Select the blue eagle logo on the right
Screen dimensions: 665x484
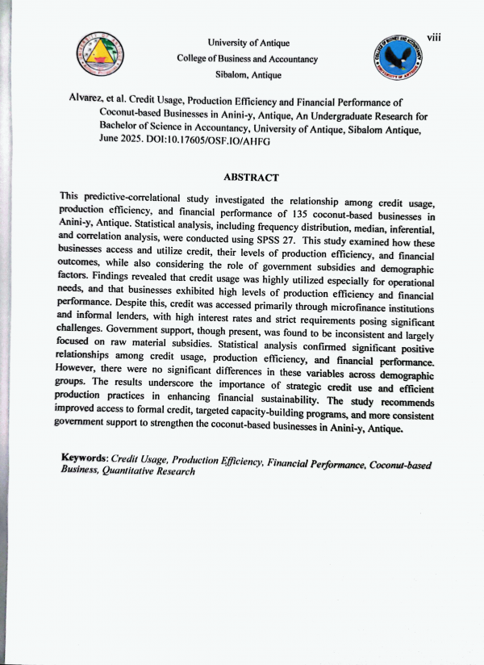402,59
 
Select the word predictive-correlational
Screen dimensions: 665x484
133,199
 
